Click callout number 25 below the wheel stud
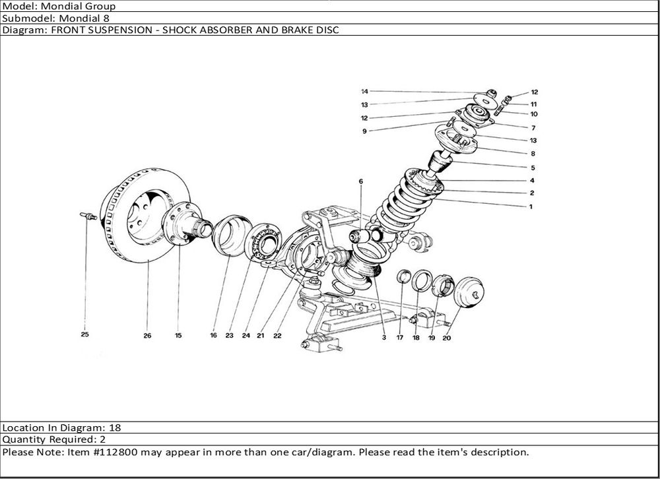click(84, 335)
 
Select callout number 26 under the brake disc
click(147, 335)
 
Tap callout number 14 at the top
click(364, 91)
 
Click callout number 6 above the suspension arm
click(361, 180)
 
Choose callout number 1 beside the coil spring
click(531, 206)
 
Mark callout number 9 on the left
click(364, 131)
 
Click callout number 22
click(277, 335)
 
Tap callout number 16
click(213, 335)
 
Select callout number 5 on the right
click(532, 168)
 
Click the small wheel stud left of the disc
click(86, 216)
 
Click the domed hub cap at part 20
click(469, 292)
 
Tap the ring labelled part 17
click(403, 276)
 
